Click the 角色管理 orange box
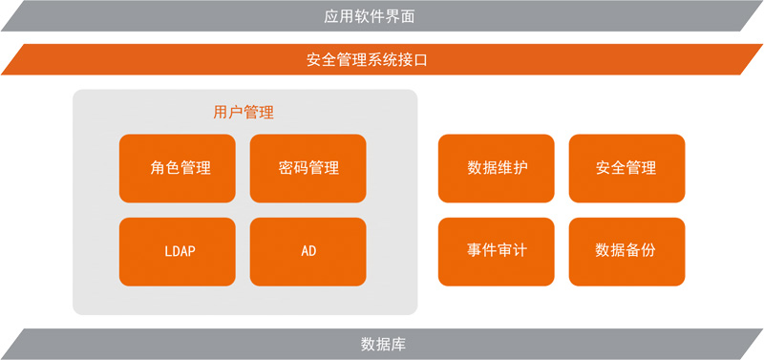[x=178, y=168]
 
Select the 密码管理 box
[x=308, y=168]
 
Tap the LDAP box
[x=178, y=252]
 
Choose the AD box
[x=308, y=252]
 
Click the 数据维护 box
[x=497, y=168]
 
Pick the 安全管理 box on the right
[x=626, y=168]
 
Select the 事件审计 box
[x=497, y=252]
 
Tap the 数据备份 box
[x=626, y=252]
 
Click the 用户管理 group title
[x=244, y=113]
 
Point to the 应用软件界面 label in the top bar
[x=382, y=16]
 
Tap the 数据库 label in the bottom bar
[x=383, y=344]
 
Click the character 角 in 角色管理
[x=158, y=168]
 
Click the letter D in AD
[x=312, y=252]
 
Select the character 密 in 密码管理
[x=286, y=168]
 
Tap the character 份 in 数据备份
[x=648, y=252]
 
